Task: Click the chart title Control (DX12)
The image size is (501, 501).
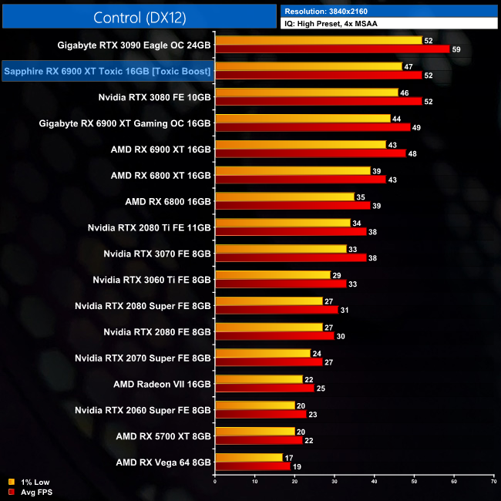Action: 139,18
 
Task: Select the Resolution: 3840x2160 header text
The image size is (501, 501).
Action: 332,12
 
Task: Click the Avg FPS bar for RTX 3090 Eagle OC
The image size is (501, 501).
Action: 332,49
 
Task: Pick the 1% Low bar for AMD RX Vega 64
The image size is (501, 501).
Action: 249,458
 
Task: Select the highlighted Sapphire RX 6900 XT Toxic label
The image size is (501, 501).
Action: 108,72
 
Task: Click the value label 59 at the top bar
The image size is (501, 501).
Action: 457,49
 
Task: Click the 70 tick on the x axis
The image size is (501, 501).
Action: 493,482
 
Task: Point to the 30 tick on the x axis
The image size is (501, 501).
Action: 335,482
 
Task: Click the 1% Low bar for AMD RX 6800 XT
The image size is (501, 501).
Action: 293,171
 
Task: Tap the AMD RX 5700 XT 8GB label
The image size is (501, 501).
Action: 163,436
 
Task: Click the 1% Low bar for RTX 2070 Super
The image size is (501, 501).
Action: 263,353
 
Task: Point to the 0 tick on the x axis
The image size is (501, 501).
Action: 215,482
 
